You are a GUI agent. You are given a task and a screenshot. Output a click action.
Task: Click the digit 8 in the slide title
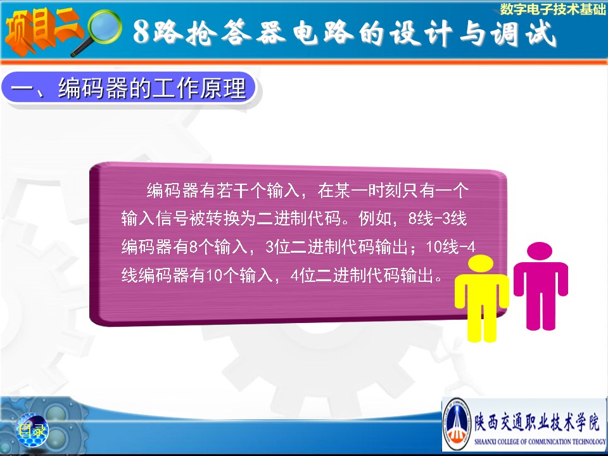point(141,32)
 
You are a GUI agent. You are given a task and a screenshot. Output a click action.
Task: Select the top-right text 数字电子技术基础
point(552,9)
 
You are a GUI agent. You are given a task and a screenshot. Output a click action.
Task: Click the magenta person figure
point(540,286)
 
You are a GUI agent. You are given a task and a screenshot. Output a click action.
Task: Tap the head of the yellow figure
point(481,262)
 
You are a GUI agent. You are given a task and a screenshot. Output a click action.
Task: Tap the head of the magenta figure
point(540,251)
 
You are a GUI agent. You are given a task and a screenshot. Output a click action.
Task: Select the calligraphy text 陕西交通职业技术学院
point(538,422)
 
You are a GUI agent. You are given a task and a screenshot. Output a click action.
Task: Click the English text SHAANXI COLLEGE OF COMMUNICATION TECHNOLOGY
point(540,441)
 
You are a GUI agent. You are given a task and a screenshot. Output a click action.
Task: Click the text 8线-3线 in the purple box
point(438,218)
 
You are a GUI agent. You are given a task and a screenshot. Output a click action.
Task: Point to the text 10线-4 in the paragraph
point(450,246)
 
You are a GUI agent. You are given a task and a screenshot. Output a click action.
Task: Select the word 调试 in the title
point(524,32)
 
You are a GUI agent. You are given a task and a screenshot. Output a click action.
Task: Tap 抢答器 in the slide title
point(236,32)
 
